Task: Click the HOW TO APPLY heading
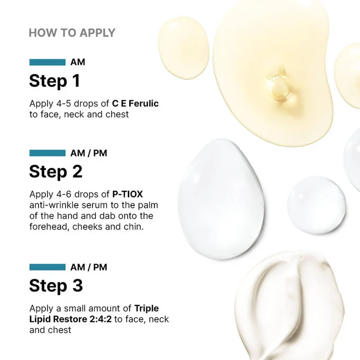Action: coord(72,33)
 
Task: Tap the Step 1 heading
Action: coord(55,81)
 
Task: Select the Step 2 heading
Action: coord(56,172)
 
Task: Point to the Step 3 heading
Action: coord(56,286)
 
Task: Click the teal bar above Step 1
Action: coord(47,62)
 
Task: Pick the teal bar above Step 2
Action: coord(47,153)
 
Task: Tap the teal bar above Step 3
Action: coord(47,267)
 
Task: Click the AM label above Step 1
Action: coord(78,62)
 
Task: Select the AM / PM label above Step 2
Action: coord(89,153)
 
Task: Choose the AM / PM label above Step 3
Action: coord(89,267)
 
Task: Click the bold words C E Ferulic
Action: coord(136,104)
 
